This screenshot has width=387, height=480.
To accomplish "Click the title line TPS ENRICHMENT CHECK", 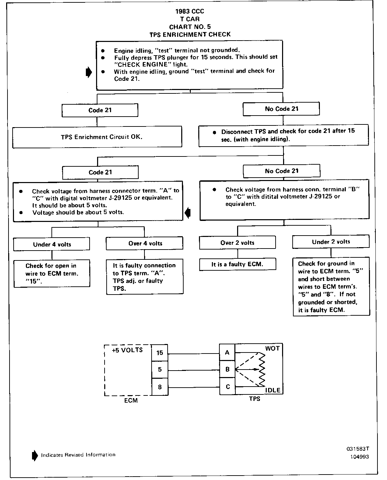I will [x=190, y=34].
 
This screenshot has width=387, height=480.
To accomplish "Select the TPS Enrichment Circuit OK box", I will [x=97, y=137].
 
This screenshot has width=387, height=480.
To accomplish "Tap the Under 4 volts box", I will [x=52, y=244].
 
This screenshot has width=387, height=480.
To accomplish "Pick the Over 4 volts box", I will [x=145, y=243].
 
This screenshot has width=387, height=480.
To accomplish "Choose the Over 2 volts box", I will [x=237, y=243].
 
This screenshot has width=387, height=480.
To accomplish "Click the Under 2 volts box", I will [x=331, y=242].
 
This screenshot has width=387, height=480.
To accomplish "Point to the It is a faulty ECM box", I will [x=237, y=265].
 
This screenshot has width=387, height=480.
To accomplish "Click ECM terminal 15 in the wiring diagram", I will [x=160, y=353].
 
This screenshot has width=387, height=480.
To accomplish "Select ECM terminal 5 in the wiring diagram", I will [x=160, y=370].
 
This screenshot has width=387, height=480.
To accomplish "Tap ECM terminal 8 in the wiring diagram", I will [x=160, y=387].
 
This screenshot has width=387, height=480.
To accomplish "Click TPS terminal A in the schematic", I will [x=228, y=352].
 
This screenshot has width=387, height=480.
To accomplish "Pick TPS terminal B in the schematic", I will [x=228, y=369].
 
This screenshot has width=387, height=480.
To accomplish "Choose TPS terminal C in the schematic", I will [x=228, y=387].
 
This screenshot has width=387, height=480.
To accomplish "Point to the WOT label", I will [x=272, y=349].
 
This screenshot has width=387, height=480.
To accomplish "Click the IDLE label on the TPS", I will [x=273, y=390].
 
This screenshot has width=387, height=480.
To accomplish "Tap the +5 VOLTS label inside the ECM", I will [x=127, y=350].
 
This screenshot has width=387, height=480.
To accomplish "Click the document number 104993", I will [x=359, y=457].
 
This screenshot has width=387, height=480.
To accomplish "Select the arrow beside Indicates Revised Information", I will [x=34, y=455].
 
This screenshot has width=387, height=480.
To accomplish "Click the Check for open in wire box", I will [x=52, y=274].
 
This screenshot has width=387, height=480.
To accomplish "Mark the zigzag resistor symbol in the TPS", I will [x=262, y=369].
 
